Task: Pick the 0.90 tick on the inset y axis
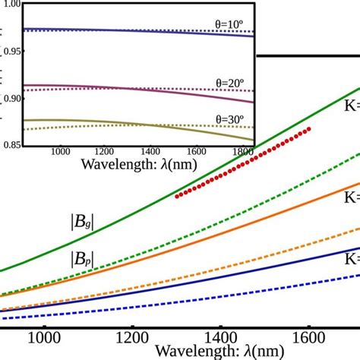click(11, 97)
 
